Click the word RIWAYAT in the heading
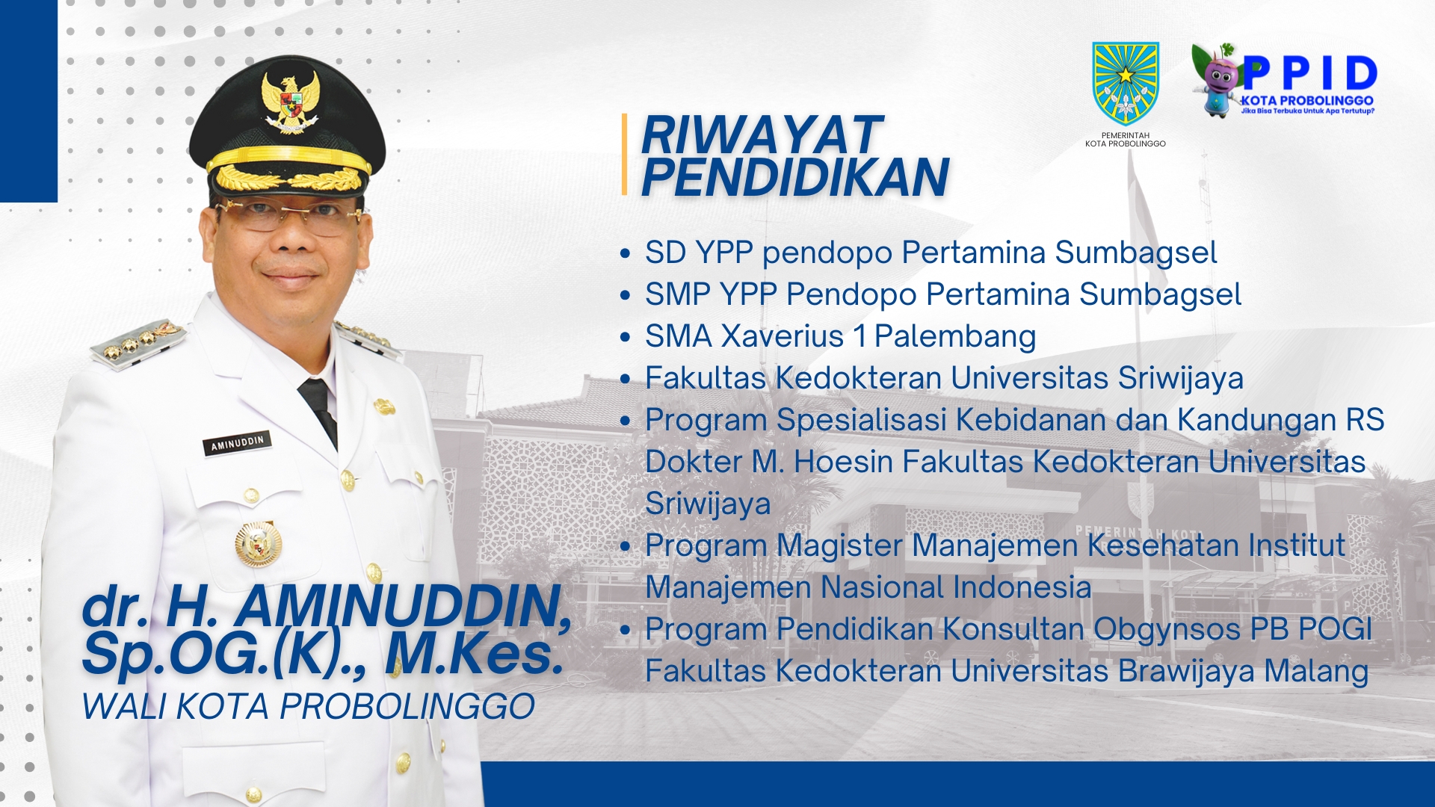[x=762, y=135]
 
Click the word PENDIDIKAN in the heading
[x=795, y=177]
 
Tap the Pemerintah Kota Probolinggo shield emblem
[x=1126, y=83]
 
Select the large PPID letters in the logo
[x=1310, y=73]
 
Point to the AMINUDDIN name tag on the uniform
[x=237, y=443]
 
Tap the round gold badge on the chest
[x=258, y=543]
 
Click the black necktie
[x=319, y=408]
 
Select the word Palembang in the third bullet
[x=955, y=337]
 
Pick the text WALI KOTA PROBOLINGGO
[x=308, y=707]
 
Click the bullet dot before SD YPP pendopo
[x=626, y=254]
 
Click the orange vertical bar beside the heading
[x=624, y=155]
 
